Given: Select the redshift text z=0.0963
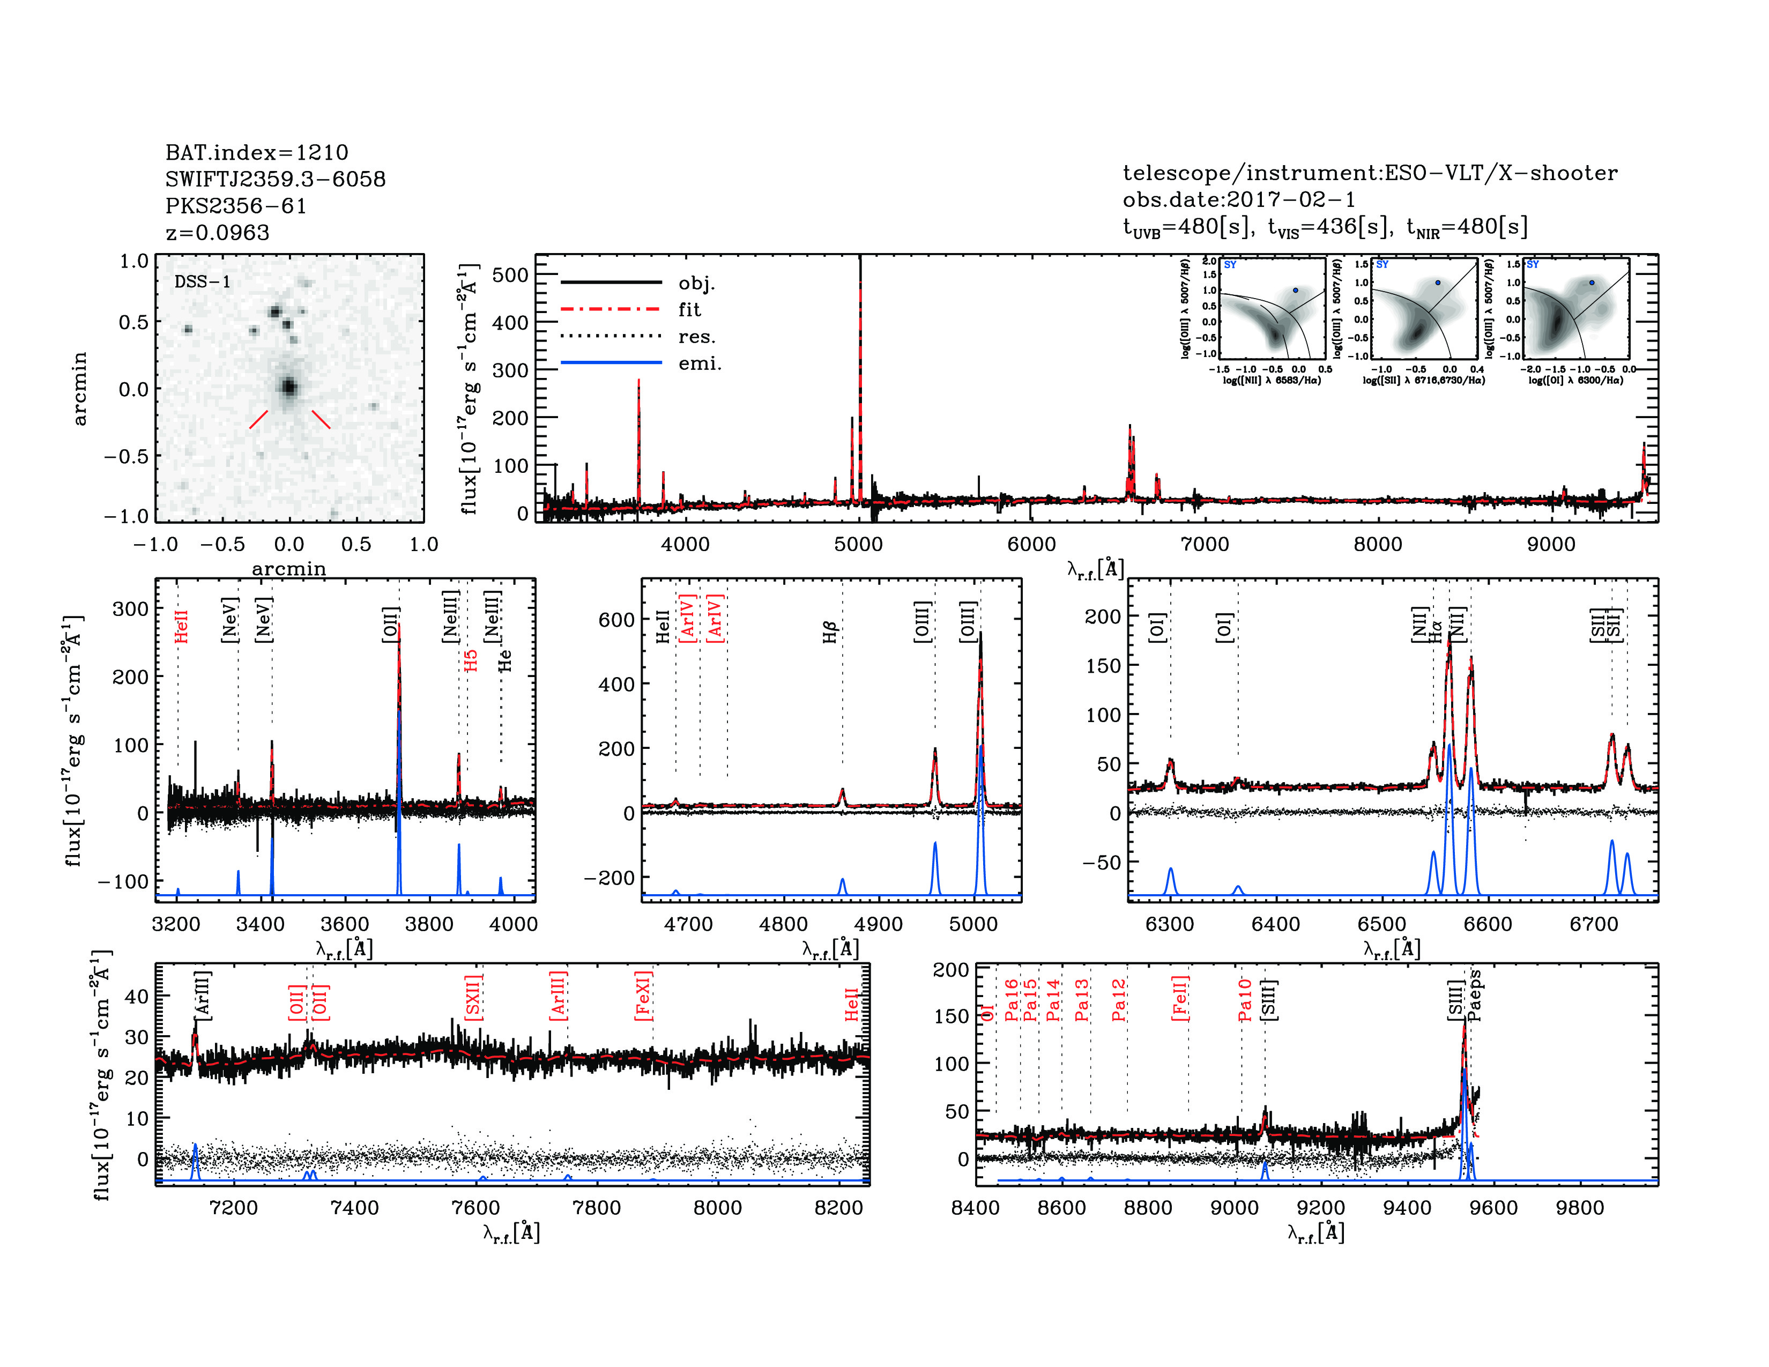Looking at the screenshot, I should (x=217, y=233).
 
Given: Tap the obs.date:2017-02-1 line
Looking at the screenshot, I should (x=1238, y=199).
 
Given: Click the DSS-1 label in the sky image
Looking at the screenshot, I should (x=203, y=282).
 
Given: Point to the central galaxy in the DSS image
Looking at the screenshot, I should (x=288, y=387).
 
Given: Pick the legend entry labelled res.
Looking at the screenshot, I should (x=696, y=336).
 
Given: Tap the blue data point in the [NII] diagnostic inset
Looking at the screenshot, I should (x=1295, y=290).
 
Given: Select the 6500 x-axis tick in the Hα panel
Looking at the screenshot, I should (x=1382, y=924).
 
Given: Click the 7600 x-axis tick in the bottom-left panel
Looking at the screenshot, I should (x=475, y=1207).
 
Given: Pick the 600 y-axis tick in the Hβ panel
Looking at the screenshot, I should (x=616, y=620).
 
